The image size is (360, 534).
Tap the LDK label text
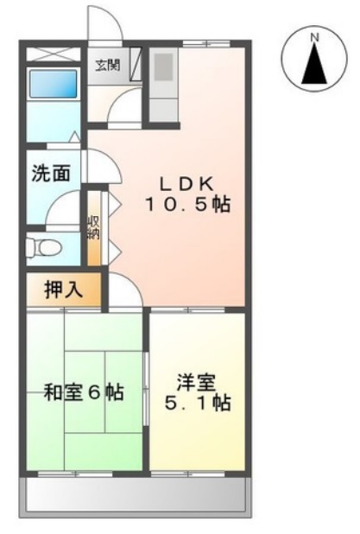tap(187, 183)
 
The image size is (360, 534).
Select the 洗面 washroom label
tap(49, 171)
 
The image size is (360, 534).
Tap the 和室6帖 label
tap(83, 392)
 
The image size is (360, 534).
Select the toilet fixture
tap(43, 247)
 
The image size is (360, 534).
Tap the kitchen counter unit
tap(163, 82)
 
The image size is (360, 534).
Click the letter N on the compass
tap(315, 37)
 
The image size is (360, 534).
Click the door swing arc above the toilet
tap(62, 207)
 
